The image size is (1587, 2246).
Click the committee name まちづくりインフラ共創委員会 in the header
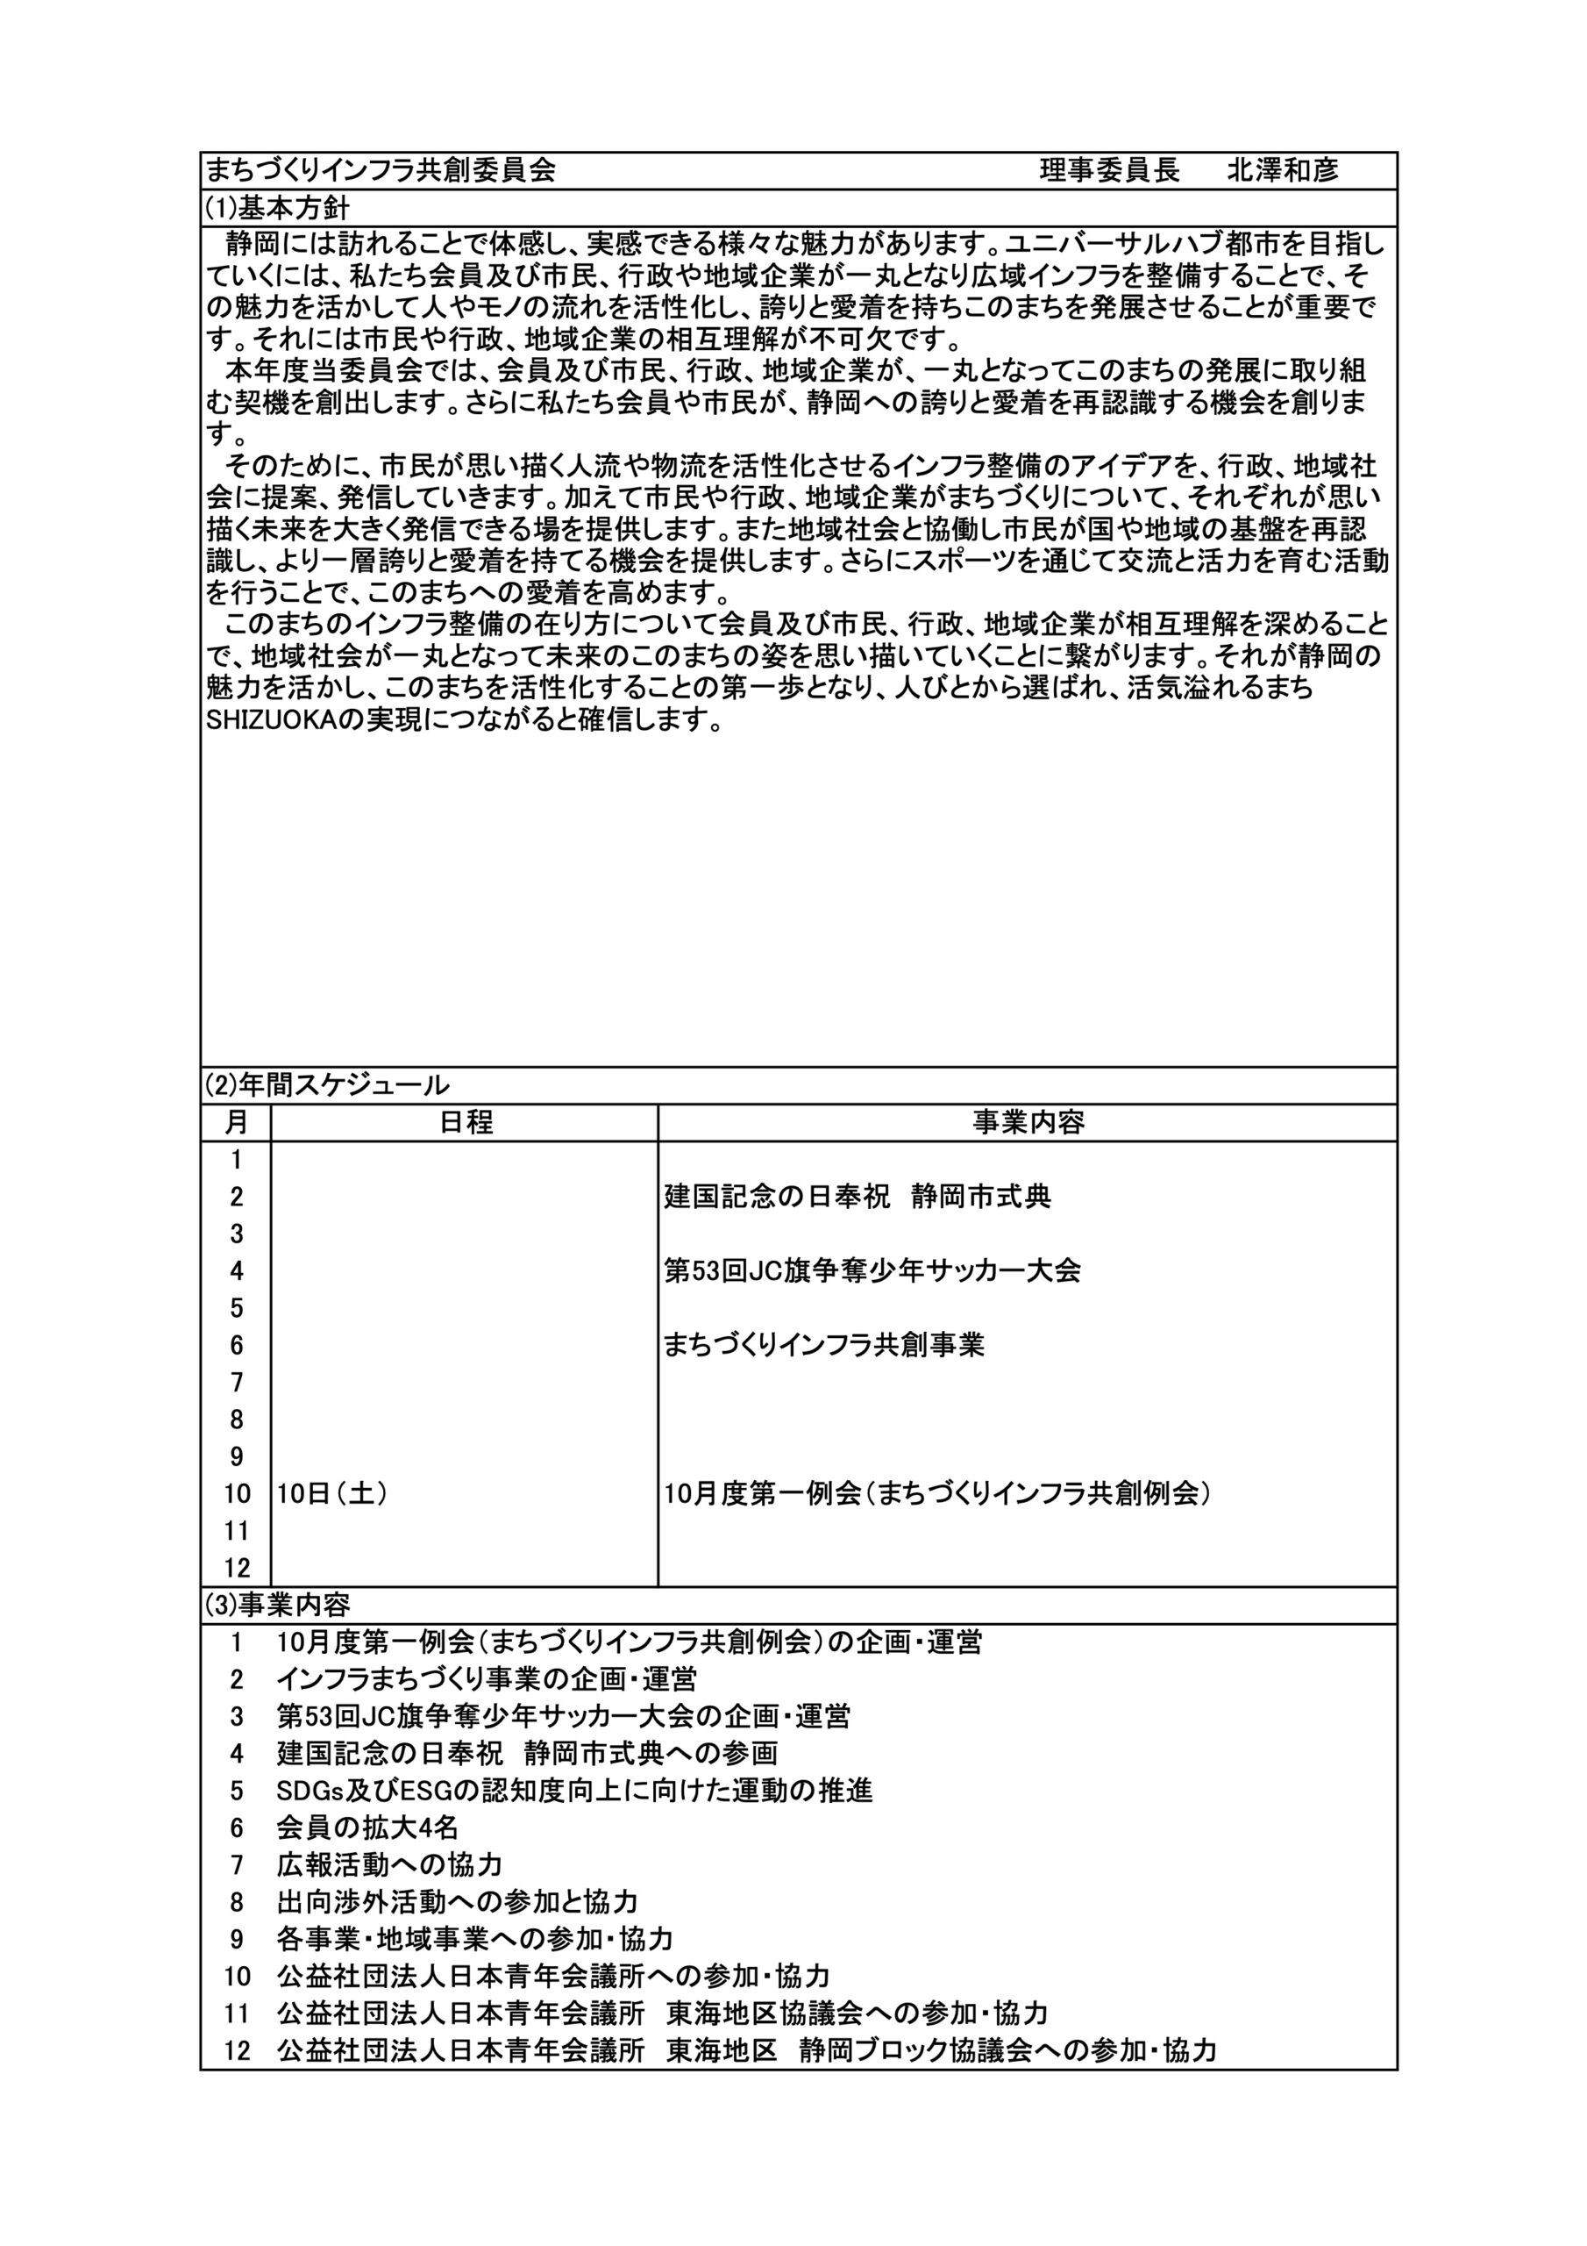pyautogui.click(x=381, y=170)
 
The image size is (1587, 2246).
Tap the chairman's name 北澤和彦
pyautogui.click(x=1282, y=170)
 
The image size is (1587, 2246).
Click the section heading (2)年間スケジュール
pyautogui.click(x=326, y=1085)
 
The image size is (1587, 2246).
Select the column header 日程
pyautogui.click(x=466, y=1122)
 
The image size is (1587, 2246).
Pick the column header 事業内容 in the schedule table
pyautogui.click(x=1028, y=1122)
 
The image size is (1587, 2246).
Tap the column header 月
pyautogui.click(x=236, y=1122)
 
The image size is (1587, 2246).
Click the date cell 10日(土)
pyautogui.click(x=331, y=1494)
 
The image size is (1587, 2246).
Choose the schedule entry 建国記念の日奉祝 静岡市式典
pyautogui.click(x=858, y=1197)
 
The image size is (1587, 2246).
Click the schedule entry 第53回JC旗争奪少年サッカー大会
pyautogui.click(x=872, y=1270)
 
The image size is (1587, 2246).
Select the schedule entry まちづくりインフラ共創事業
pyautogui.click(x=823, y=1345)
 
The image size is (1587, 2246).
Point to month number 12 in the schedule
pyautogui.click(x=237, y=1568)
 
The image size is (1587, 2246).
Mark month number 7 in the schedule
pyautogui.click(x=237, y=1382)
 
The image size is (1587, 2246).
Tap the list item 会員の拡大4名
pyautogui.click(x=367, y=1828)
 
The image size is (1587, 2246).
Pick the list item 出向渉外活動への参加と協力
pyautogui.click(x=457, y=1902)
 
